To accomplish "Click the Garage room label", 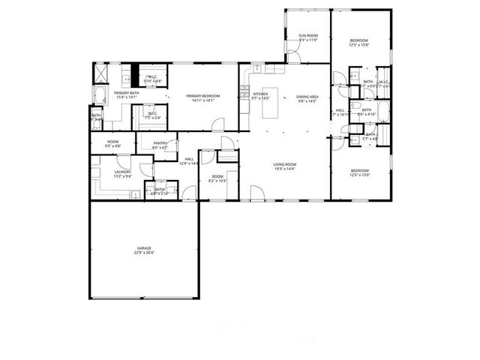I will click(145, 247).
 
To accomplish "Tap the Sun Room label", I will click(308, 35).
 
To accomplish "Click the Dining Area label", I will click(307, 96).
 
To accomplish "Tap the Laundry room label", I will click(123, 172).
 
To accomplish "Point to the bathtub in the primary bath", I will click(98, 94).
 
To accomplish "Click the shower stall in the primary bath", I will click(99, 73).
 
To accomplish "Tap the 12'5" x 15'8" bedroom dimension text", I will click(358, 45).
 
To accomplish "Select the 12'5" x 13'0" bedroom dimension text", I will click(361, 175).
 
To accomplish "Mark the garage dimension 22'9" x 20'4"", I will click(145, 252).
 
